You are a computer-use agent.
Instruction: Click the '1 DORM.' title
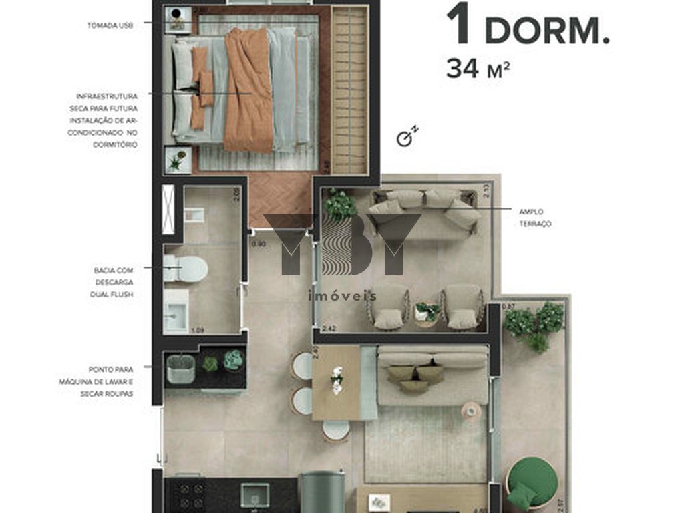pyautogui.click(x=528, y=25)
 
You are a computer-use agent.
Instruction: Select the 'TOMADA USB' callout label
pyautogui.click(x=110, y=25)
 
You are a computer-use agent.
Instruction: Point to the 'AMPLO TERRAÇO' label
pyautogui.click(x=535, y=218)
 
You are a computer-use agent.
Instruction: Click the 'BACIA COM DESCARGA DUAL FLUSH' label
pyautogui.click(x=114, y=282)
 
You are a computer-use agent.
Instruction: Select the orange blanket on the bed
pyautogui.click(x=248, y=90)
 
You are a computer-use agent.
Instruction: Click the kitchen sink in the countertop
pyautogui.click(x=254, y=496)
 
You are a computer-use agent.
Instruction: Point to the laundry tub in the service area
pyautogui.click(x=180, y=369)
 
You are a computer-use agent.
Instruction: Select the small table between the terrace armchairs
pyautogui.click(x=427, y=312)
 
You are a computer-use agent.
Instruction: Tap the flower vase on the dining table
pyautogui.click(x=337, y=379)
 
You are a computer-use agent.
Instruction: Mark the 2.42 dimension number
pyautogui.click(x=328, y=329)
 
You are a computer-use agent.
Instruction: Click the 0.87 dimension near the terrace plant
pyautogui.click(x=509, y=307)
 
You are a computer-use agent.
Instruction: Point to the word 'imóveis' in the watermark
pyautogui.click(x=341, y=296)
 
